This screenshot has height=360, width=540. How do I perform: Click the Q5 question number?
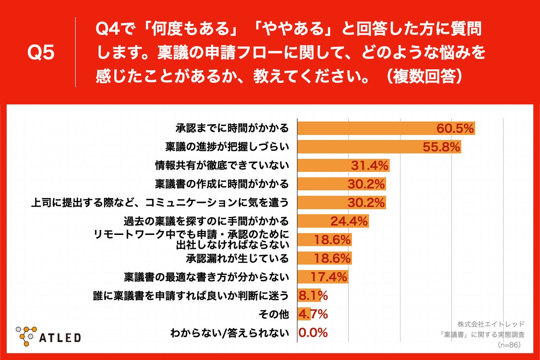(x=41, y=53)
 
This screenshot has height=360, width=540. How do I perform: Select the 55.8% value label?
(x=441, y=147)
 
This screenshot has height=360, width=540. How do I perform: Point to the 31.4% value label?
(x=369, y=166)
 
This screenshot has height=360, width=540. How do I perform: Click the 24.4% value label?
(x=349, y=221)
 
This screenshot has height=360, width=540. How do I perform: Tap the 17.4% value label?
(x=328, y=276)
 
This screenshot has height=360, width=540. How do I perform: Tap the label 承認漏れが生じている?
(x=237, y=258)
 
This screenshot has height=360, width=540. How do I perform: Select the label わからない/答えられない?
(x=229, y=333)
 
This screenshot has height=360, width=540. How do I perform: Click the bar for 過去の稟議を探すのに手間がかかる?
(x=333, y=221)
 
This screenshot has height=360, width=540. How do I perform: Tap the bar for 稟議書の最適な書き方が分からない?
(x=322, y=276)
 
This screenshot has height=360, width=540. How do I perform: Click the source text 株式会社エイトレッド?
(x=491, y=324)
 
